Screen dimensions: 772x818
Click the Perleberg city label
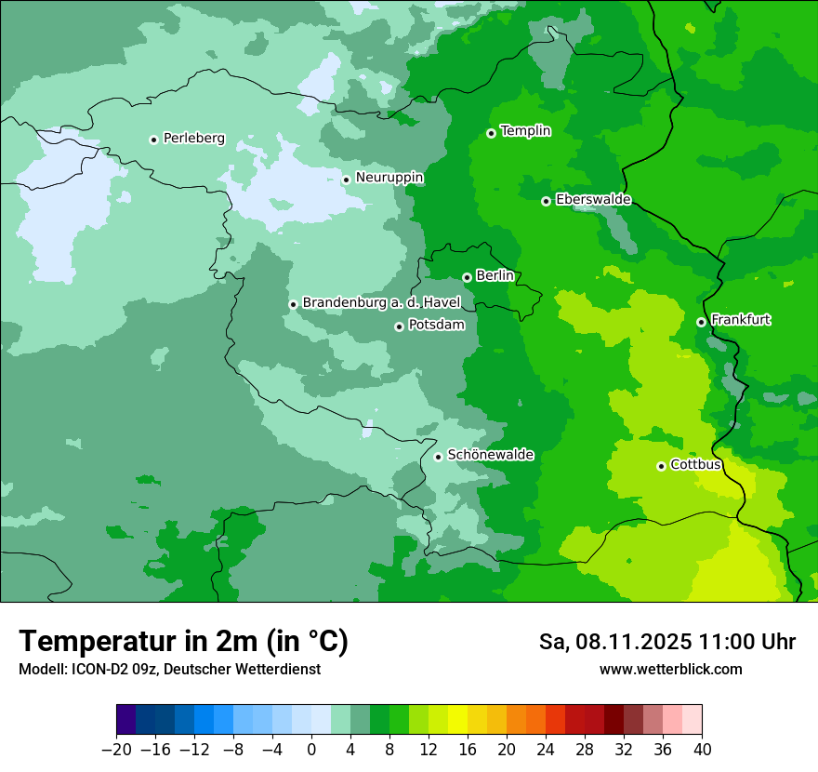193,139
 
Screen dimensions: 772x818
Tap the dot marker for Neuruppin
346,180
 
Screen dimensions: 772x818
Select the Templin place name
525,131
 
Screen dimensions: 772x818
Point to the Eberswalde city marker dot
546,201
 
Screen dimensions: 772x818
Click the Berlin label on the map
495,276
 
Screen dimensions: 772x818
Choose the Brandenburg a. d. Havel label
381,303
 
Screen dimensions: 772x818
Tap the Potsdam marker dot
399,326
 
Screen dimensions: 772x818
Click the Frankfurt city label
740,320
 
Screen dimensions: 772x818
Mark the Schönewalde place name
490,455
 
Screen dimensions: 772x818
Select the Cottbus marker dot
661,466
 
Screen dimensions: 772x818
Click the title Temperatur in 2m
183,641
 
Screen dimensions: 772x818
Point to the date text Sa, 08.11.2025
613,642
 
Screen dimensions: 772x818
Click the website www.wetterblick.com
670,669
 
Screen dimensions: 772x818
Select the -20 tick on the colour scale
116,750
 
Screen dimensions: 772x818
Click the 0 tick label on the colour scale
311,750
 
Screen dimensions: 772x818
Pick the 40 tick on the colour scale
702,750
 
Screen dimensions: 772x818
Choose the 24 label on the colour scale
546,750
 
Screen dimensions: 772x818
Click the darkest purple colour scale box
126,720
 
